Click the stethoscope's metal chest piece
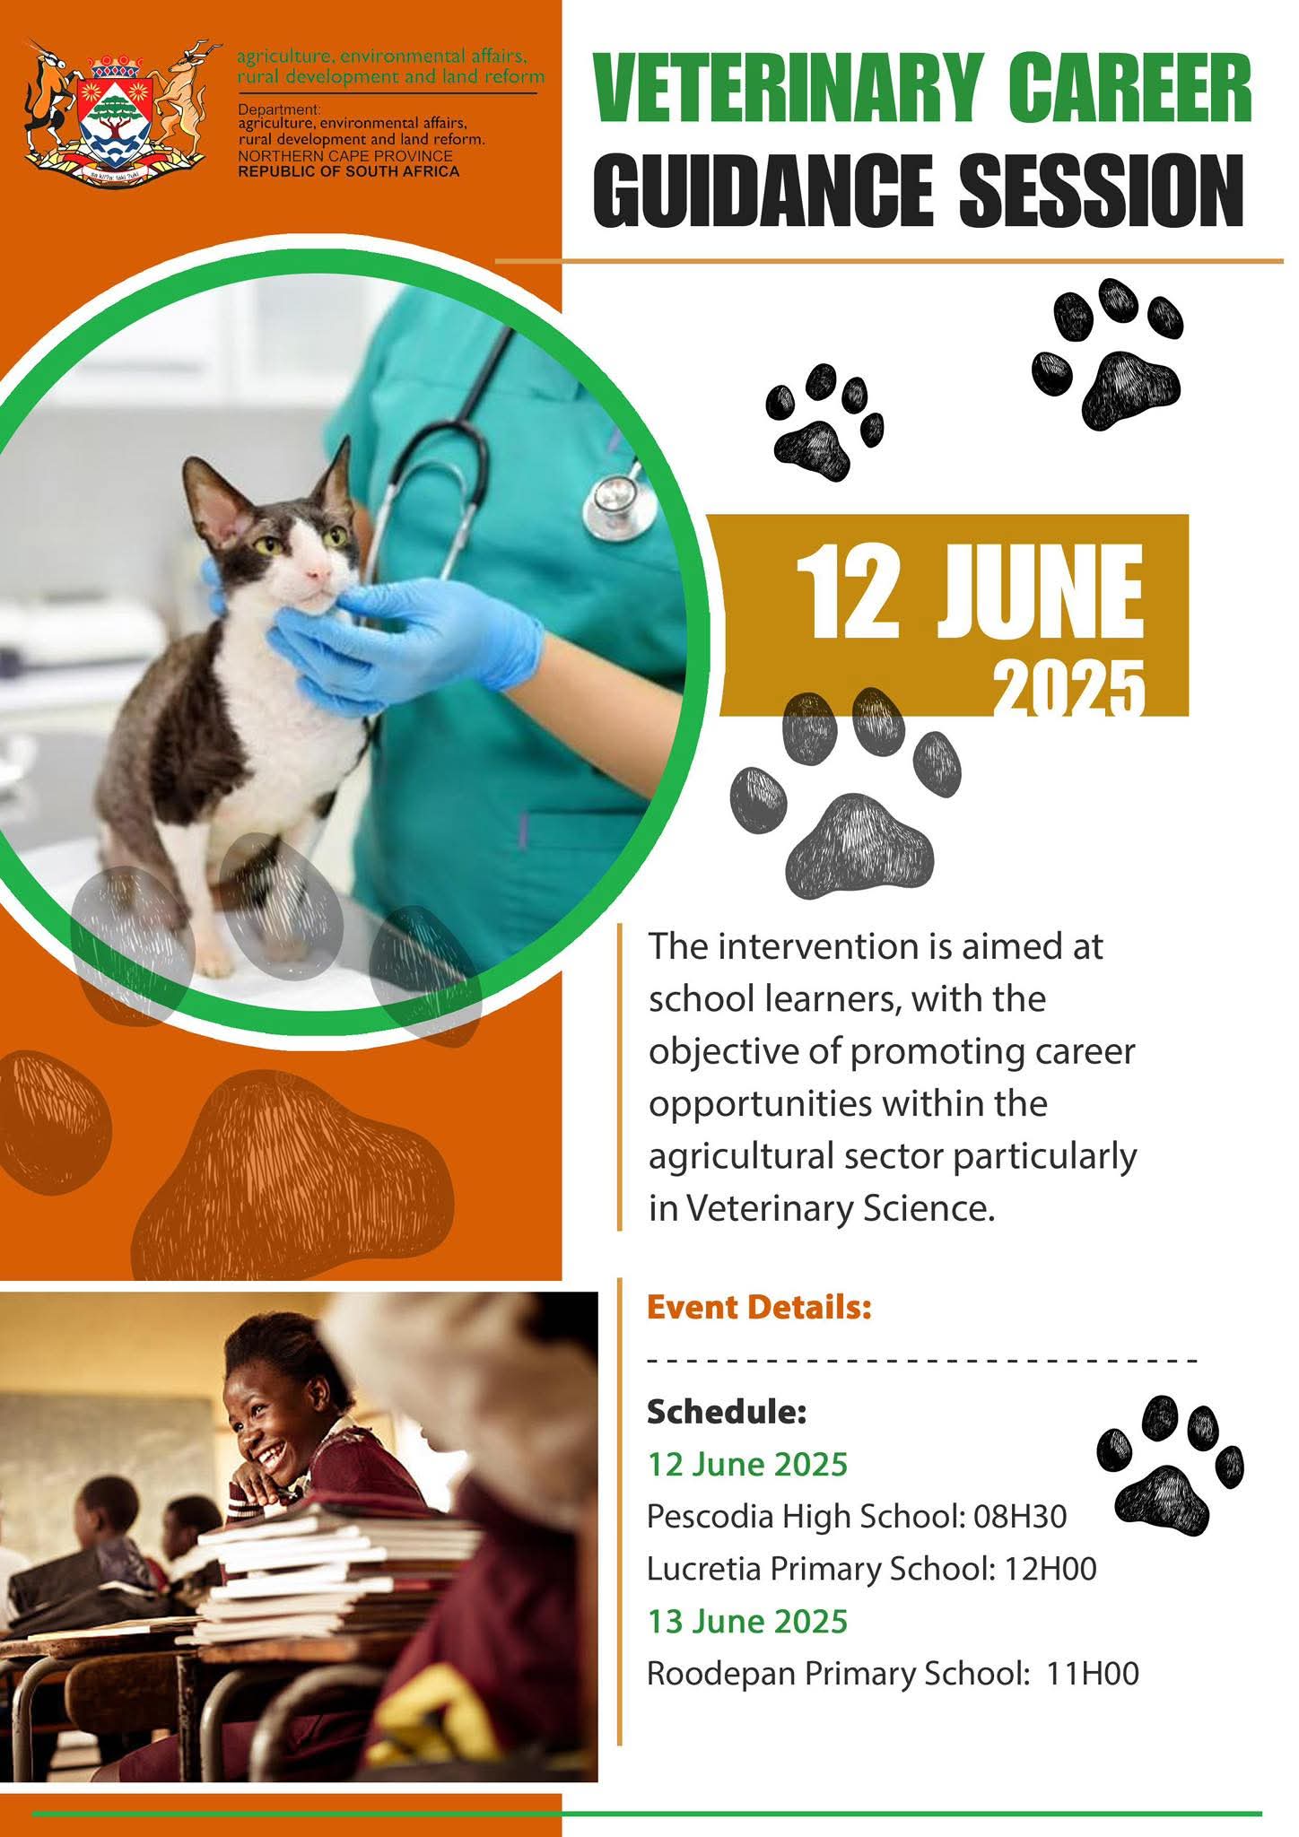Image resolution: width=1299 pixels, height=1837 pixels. coord(615,506)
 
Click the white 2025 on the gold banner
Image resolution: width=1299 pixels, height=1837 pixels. coord(1068,689)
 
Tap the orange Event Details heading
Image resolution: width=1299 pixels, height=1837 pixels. coord(759,1307)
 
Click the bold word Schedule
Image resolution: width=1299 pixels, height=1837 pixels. coord(727,1412)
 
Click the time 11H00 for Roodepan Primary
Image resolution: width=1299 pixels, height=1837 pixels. coord(1093,1674)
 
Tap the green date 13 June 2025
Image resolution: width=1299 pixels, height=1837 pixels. coord(747,1621)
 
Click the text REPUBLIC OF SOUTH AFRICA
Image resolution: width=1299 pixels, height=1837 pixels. coord(348,170)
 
